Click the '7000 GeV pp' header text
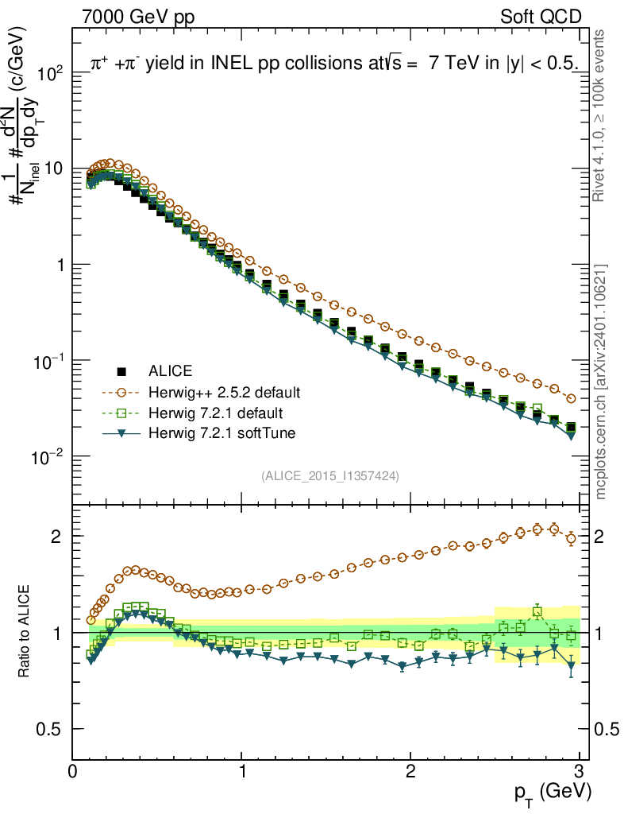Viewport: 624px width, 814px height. tap(140, 17)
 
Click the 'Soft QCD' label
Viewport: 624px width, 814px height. tap(541, 17)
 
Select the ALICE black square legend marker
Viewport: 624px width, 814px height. tap(121, 371)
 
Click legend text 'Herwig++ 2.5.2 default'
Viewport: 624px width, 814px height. tap(224, 392)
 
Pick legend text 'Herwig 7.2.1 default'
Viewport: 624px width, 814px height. tap(216, 413)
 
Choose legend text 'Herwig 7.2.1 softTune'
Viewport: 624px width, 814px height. tap(221, 433)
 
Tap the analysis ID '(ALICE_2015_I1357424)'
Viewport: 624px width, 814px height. tap(329, 475)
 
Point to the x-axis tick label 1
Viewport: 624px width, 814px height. tap(242, 771)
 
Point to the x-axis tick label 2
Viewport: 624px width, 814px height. tap(410, 771)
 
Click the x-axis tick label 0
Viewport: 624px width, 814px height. tap(73, 771)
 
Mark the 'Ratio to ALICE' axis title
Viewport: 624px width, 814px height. tap(25, 632)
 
